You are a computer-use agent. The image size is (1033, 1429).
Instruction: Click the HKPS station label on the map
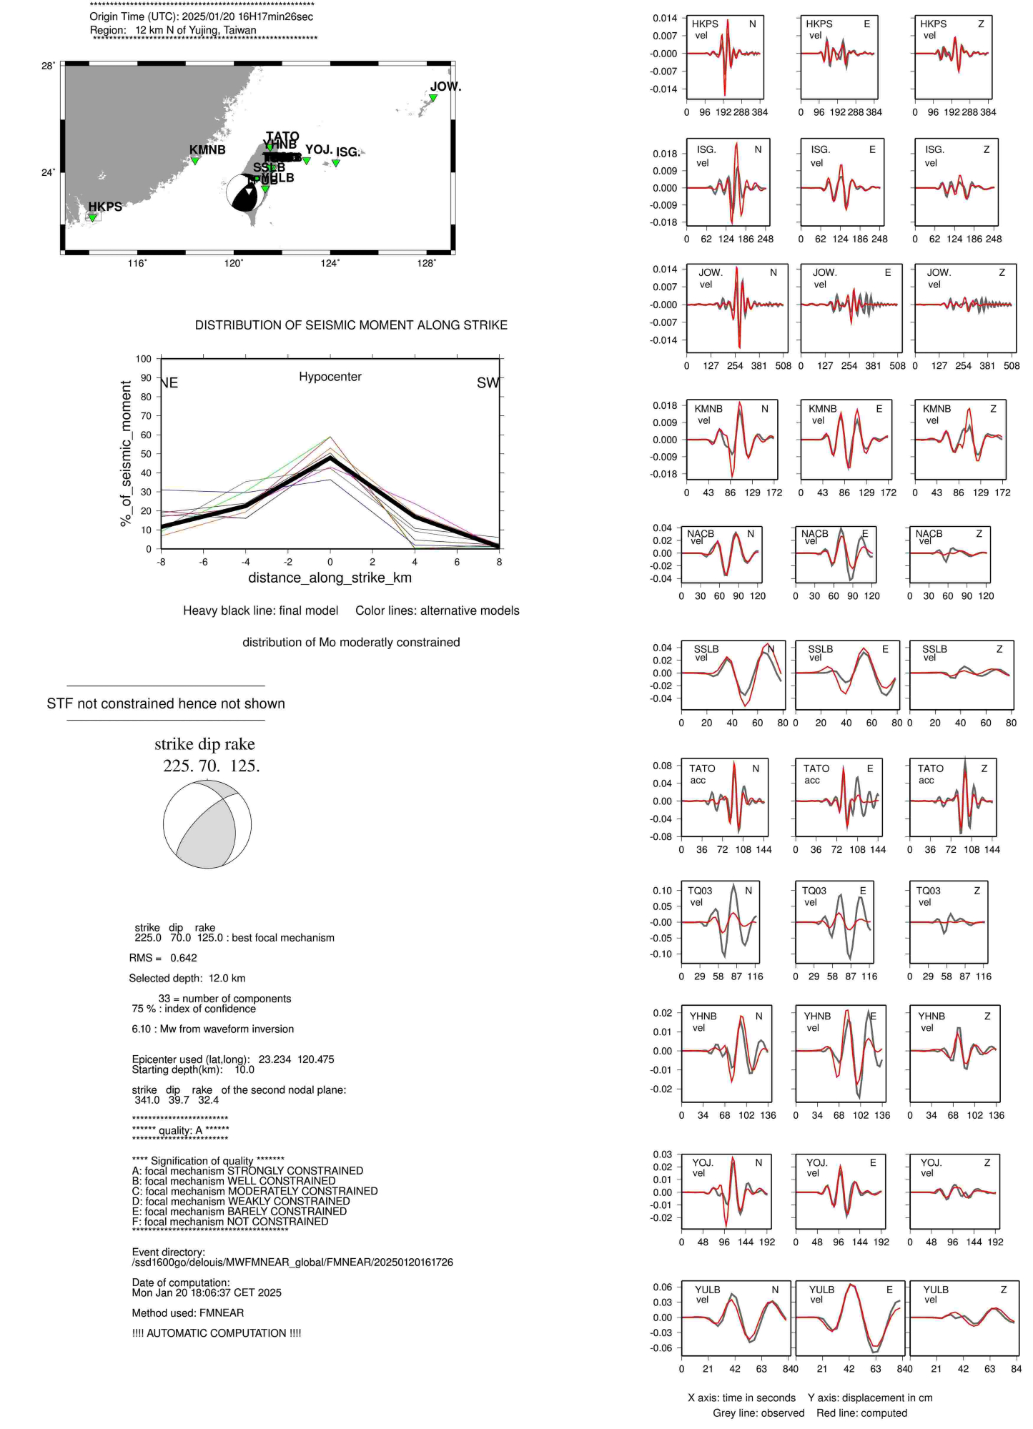105,207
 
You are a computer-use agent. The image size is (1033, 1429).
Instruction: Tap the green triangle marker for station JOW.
433,98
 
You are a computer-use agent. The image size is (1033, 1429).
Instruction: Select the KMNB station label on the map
207,149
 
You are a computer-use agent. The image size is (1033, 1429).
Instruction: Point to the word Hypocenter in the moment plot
330,377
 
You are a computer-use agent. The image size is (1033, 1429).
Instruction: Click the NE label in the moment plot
169,383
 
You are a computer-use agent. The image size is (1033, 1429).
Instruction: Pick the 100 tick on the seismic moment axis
144,359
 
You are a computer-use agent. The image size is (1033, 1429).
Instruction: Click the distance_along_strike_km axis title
330,578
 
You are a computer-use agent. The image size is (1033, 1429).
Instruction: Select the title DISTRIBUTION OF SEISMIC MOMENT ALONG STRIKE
351,325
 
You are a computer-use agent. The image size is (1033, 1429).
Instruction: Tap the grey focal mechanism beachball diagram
207,824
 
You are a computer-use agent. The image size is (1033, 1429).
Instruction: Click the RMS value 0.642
184,958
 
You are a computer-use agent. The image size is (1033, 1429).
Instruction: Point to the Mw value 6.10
142,1029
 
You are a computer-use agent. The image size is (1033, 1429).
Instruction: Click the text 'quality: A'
181,1130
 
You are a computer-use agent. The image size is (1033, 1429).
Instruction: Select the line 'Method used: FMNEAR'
188,1312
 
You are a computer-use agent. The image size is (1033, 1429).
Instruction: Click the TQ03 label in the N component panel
700,891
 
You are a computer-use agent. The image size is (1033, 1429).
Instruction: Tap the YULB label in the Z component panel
936,1290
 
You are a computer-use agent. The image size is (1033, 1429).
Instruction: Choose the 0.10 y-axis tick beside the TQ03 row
662,891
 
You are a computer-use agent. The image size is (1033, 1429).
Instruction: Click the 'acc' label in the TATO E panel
812,780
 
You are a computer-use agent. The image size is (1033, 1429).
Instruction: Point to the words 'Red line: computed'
861,1413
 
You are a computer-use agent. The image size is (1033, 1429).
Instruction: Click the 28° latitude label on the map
48,66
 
